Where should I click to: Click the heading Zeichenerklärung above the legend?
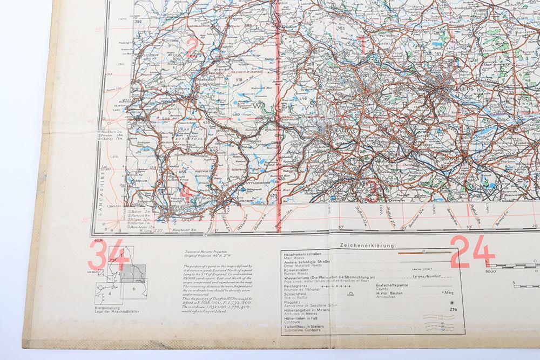pyautogui.click(x=367, y=245)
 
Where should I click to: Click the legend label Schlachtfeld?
pyautogui.click(x=294, y=293)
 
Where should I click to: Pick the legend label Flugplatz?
pyautogui.click(x=291, y=303)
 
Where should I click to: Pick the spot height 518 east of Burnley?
pyautogui.click(x=239, y=79)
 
